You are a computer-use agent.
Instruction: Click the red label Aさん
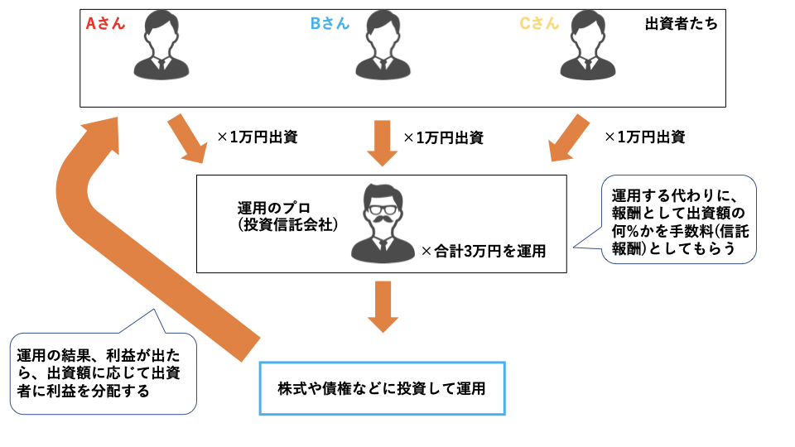(105, 23)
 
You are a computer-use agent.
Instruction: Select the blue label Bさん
(330, 23)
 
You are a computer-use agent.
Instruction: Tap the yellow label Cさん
(539, 23)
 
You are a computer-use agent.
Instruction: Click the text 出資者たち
(681, 24)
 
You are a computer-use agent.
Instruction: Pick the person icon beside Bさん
(382, 46)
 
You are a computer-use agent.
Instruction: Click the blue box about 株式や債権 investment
(382, 387)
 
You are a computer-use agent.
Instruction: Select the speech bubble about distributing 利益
(104, 372)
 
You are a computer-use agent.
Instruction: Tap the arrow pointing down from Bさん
(382, 142)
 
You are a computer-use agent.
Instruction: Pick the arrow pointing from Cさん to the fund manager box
(571, 138)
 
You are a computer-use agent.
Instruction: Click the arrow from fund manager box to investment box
(382, 305)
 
